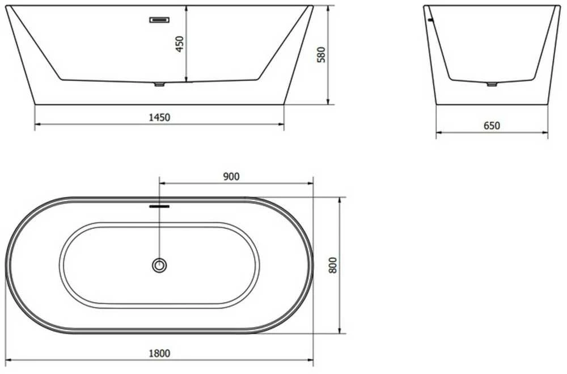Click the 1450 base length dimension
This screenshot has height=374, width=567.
[x=159, y=117]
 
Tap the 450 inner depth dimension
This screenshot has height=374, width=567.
[x=180, y=44]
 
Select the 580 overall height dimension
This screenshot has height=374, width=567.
[x=321, y=54]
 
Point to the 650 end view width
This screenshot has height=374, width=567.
[x=492, y=126]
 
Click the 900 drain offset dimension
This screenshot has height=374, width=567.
[x=231, y=177]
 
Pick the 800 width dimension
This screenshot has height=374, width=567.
[x=333, y=265]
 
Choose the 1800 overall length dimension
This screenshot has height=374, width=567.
[x=159, y=353]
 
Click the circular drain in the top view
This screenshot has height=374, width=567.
[x=159, y=266]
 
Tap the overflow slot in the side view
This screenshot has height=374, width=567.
[x=159, y=20]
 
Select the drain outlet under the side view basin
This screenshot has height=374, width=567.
[x=159, y=84]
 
